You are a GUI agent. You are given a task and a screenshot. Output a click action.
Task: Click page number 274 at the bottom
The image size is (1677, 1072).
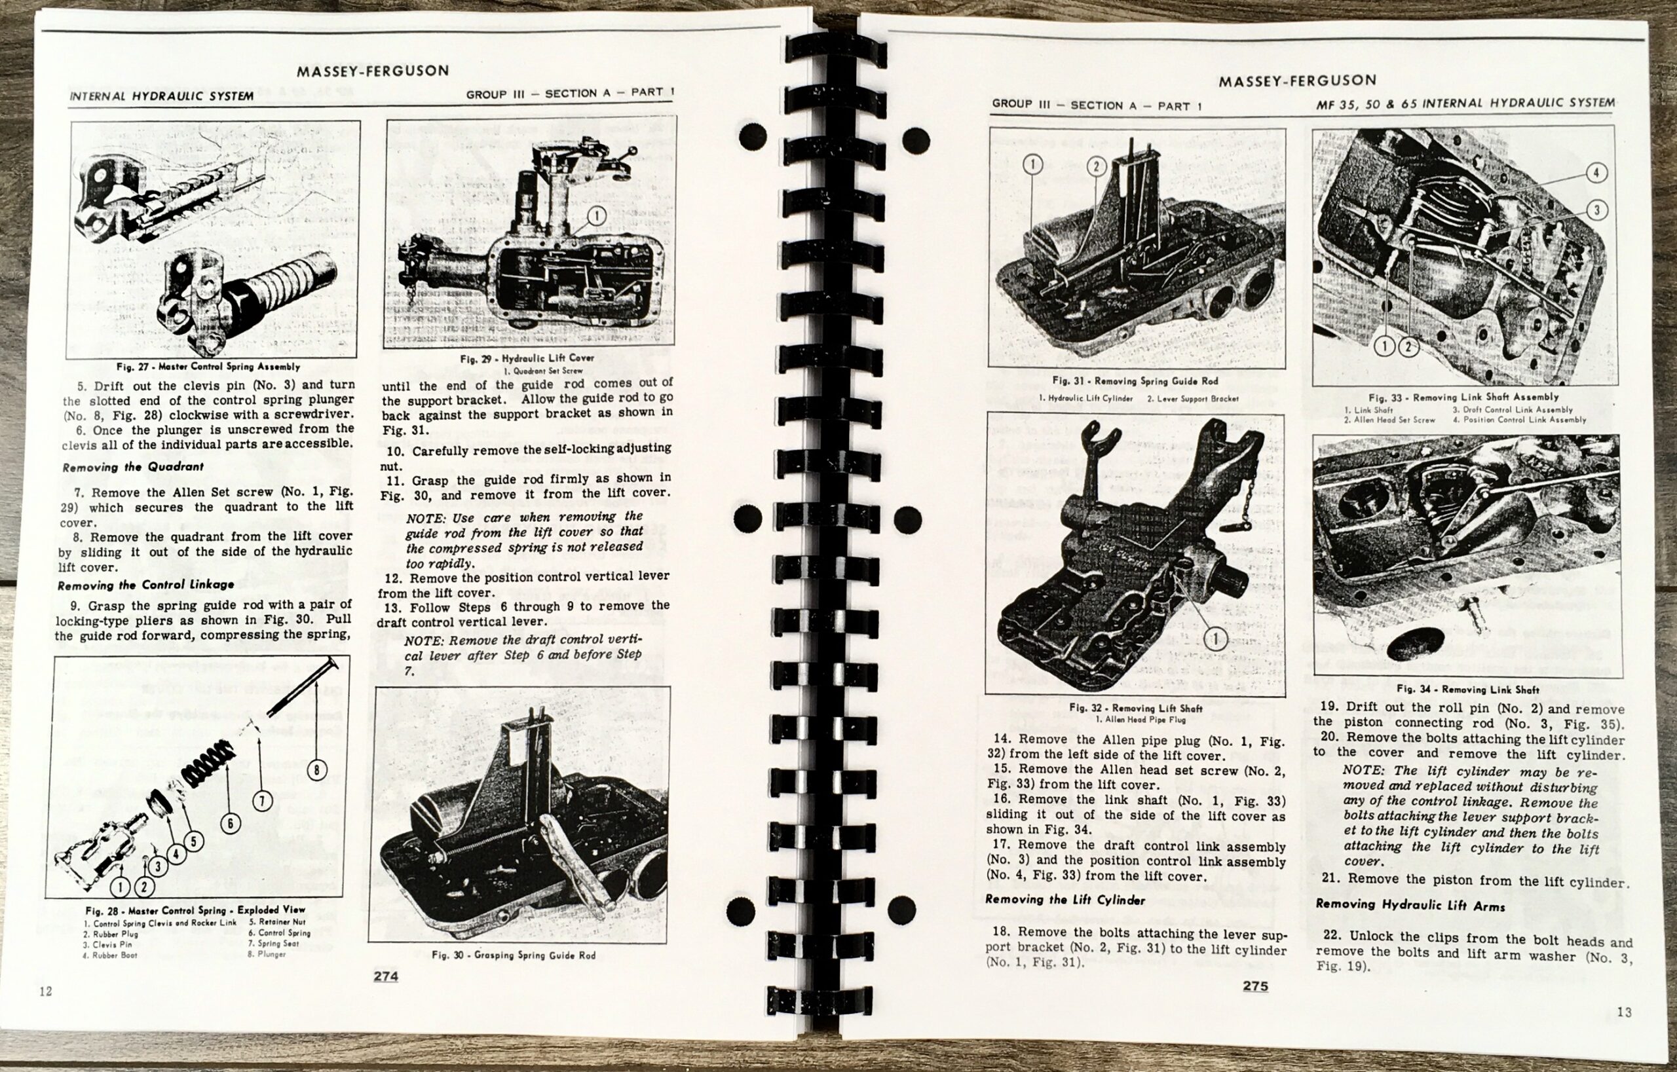point(386,976)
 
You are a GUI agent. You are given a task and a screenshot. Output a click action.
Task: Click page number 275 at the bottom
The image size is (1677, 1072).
point(1255,986)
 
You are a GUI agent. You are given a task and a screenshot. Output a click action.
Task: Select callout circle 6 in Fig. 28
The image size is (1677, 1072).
point(231,824)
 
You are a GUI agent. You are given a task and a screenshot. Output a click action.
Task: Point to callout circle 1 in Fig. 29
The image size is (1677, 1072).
point(596,217)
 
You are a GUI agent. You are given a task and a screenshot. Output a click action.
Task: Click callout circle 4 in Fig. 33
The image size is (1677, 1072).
point(1596,174)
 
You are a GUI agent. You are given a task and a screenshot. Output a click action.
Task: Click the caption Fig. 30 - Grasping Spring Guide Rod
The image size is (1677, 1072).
point(514,955)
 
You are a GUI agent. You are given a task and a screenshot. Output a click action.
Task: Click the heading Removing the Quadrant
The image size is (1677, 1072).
point(132,467)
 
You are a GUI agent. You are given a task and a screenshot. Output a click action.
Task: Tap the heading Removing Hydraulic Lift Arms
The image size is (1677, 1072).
point(1410,906)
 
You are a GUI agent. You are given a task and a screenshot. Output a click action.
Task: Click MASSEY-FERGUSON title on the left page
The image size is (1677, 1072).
point(373,70)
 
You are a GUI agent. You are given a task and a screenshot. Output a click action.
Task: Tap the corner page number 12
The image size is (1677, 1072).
point(45,991)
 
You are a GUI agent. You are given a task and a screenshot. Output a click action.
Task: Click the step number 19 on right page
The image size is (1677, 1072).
point(1330,707)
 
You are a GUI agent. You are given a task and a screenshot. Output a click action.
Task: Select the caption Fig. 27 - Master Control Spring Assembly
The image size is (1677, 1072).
point(208,367)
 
